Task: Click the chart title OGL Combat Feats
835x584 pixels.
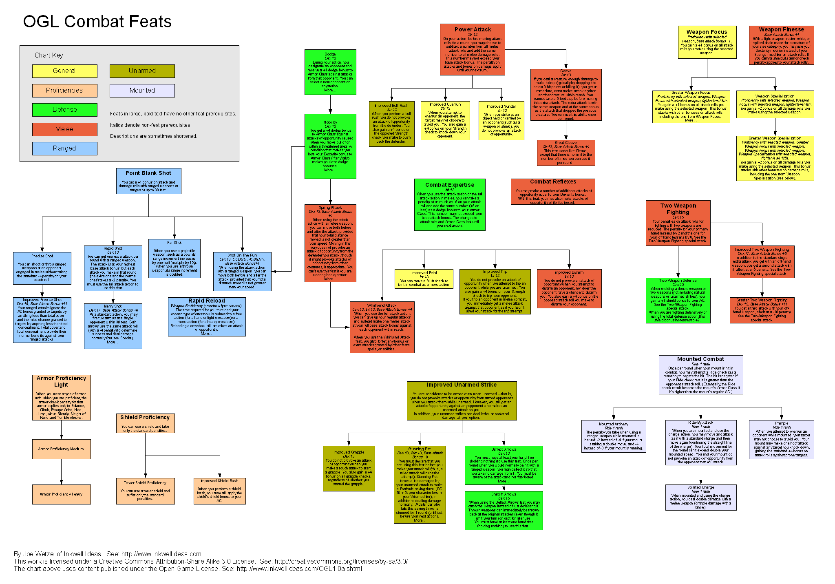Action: click(97, 22)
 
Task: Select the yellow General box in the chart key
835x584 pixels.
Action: click(64, 71)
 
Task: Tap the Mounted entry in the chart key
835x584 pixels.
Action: click(142, 91)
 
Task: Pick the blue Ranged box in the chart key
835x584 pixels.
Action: click(64, 148)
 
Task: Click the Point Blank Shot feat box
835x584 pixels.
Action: click(148, 181)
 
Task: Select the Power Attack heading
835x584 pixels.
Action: click(473, 29)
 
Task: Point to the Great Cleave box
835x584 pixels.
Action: click(566, 153)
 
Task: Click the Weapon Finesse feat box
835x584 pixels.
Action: click(781, 45)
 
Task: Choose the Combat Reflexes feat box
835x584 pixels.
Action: click(553, 191)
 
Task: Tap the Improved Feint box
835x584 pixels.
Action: click(424, 279)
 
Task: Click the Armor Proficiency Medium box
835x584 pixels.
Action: click(61, 449)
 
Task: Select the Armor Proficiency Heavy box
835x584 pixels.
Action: click(61, 494)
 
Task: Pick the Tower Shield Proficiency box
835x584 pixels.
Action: click(145, 491)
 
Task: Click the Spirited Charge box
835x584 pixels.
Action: click(700, 497)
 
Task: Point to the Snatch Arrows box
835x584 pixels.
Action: click(504, 510)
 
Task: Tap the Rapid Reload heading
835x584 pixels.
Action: click(206, 301)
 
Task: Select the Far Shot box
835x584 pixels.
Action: click(174, 259)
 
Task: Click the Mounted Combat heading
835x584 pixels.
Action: click(700, 359)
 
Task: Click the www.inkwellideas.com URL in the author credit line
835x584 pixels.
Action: click(161, 554)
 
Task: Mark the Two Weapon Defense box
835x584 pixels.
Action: click(678, 300)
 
